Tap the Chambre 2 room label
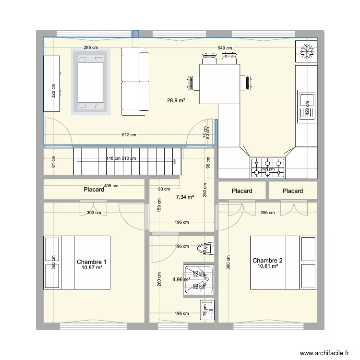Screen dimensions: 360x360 [x=267, y=260]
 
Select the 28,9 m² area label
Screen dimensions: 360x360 [x=176, y=100]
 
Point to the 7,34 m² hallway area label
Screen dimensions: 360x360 [x=185, y=197]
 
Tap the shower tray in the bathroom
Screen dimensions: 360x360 [x=199, y=278]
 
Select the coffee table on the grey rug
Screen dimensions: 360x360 [x=91, y=82]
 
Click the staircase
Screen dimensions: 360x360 [x=127, y=161]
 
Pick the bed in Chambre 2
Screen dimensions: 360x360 [x=283, y=262]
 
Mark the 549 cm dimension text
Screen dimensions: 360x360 [x=225, y=48]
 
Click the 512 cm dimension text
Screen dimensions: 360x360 [x=130, y=135]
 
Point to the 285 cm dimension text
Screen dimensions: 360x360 [x=91, y=48]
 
